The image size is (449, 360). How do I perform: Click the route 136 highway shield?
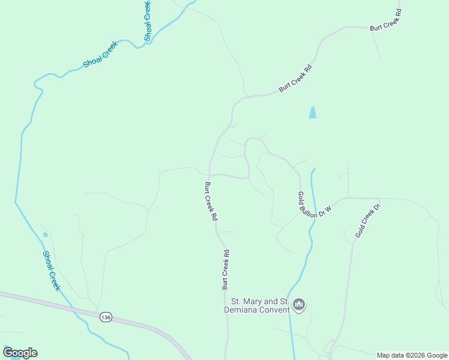tap(106, 317)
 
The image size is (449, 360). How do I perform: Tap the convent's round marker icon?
tap(299, 305)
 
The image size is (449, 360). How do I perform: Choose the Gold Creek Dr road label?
tap(367, 220)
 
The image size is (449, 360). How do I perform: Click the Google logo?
tap(20, 353)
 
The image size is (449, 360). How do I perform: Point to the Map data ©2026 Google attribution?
tap(412, 355)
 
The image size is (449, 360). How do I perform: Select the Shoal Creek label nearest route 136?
tap(52, 271)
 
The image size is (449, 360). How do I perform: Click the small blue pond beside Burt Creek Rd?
tap(312, 112)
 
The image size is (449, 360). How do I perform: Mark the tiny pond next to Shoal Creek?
tap(45, 235)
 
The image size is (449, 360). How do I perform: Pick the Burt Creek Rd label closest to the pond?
tap(297, 79)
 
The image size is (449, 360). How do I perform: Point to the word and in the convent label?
tap(272, 301)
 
